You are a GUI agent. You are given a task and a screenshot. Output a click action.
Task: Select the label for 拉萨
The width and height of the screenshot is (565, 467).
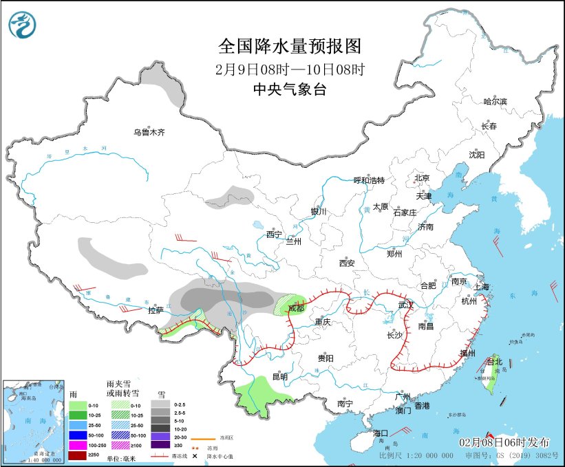click(x=156, y=310)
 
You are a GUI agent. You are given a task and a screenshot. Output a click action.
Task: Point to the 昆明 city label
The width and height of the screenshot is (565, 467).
click(x=279, y=376)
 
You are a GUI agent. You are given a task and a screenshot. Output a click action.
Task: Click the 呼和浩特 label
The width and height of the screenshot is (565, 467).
click(x=369, y=180)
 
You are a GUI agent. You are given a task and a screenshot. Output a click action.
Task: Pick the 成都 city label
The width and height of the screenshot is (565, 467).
click(x=296, y=309)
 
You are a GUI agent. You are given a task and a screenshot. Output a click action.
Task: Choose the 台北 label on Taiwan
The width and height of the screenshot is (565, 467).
click(x=495, y=361)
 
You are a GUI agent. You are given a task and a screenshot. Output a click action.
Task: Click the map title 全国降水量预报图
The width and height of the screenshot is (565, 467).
click(x=289, y=46)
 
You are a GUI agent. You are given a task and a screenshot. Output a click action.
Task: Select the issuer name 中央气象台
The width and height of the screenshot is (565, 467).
click(x=289, y=89)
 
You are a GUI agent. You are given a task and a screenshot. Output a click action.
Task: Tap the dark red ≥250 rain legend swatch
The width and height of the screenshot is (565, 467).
click(x=78, y=456)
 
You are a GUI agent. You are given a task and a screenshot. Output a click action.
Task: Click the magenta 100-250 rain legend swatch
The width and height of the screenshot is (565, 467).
click(x=78, y=446)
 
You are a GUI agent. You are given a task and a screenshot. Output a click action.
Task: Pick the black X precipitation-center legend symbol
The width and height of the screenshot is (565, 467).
click(x=195, y=456)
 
